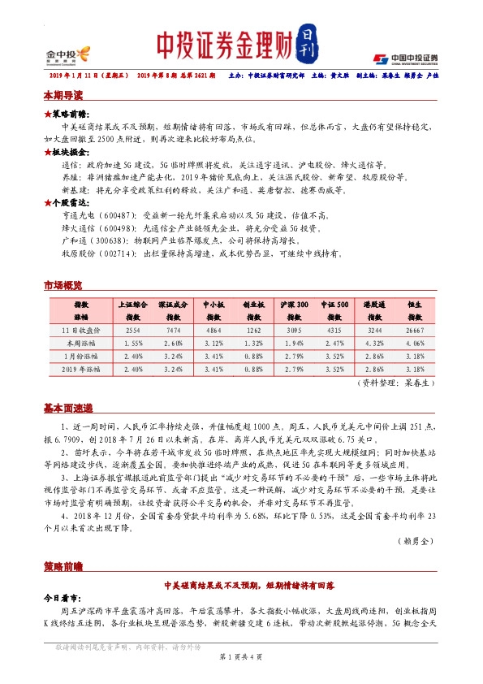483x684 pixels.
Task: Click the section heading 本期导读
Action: (63, 95)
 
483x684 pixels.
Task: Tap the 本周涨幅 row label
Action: (81, 344)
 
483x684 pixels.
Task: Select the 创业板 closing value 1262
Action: (253, 331)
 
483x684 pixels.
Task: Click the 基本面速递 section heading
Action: (68, 408)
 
